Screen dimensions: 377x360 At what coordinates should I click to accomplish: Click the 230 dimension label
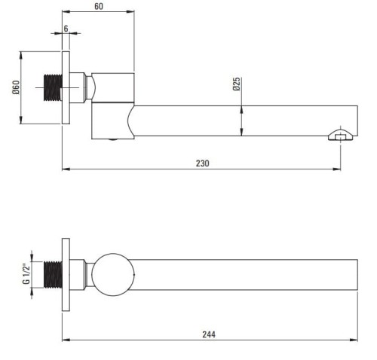pyautogui.click(x=202, y=163)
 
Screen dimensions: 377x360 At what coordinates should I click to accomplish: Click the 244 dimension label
pyautogui.click(x=209, y=334)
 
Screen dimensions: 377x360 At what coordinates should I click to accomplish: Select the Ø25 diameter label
pyautogui.click(x=237, y=84)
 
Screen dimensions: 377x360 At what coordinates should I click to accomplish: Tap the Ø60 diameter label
pyautogui.click(x=16, y=87)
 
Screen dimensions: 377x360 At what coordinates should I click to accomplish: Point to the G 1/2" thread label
pyautogui.click(x=26, y=273)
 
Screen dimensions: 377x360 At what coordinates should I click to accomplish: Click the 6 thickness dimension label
pyautogui.click(x=66, y=29)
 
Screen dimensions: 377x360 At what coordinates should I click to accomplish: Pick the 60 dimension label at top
pyautogui.click(x=99, y=6)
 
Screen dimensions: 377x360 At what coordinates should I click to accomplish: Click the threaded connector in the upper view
pyautogui.click(x=53, y=87)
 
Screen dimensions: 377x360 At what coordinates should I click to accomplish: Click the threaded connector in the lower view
pyautogui.click(x=53, y=275)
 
